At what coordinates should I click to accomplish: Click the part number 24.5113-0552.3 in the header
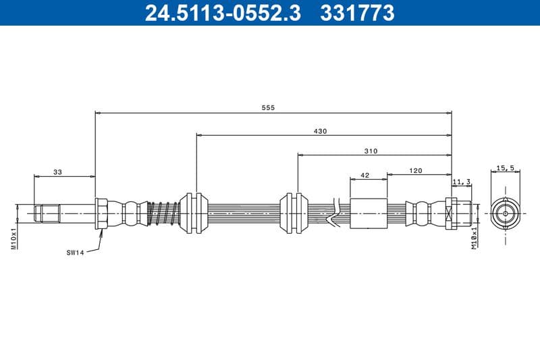pos(223,12)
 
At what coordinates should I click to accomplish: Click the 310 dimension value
pos(371,151)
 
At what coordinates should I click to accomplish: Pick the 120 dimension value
pos(416,171)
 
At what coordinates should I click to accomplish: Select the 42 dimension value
pos(365,175)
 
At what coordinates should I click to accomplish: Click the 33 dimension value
pos(57,173)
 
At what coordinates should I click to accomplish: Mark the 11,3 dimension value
pos(461,181)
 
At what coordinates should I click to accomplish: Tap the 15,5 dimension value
pos(506,168)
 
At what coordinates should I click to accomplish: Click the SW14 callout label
pos(74,253)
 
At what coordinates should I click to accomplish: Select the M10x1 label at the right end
pos(475,238)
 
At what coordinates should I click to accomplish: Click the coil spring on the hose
pos(162,213)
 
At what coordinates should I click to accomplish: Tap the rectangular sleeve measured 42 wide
pos(369,213)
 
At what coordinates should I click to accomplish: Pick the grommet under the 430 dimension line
pos(196,213)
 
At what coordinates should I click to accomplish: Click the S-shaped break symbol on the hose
pos(331,213)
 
